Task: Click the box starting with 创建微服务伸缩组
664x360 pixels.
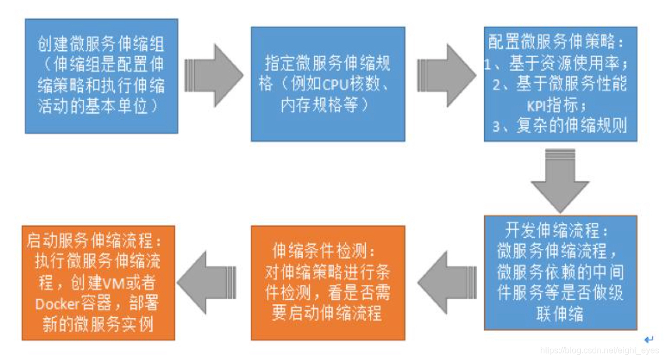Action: coord(101,76)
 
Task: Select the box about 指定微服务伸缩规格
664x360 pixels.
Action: coord(328,84)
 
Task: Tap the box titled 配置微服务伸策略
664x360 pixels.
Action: coord(560,84)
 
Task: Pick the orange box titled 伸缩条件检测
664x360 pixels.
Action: coord(328,283)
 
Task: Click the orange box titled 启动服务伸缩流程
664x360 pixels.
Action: coord(98,283)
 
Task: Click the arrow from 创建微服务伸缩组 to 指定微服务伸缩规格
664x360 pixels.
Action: coord(214,75)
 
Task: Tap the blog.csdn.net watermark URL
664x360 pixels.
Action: coord(599,351)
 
